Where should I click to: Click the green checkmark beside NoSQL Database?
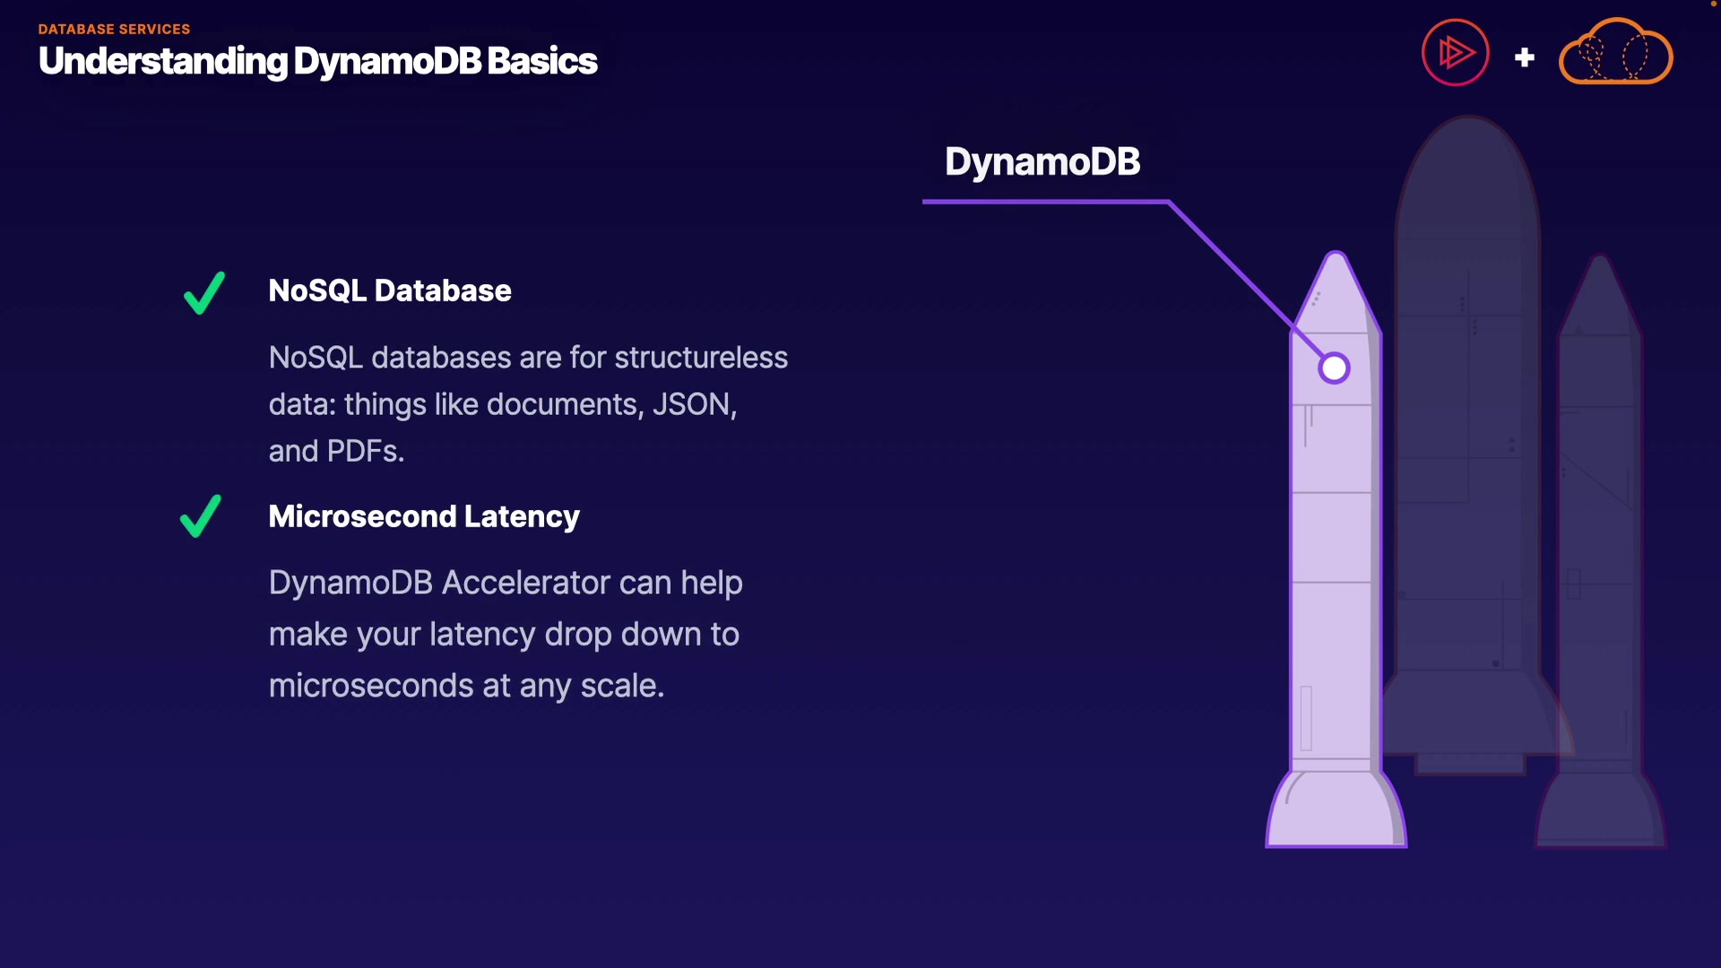click(x=204, y=293)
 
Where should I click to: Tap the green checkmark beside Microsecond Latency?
click(x=201, y=516)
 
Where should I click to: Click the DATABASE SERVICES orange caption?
click(x=114, y=29)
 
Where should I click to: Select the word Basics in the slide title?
click(x=542, y=61)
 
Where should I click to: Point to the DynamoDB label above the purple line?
click(x=1042, y=161)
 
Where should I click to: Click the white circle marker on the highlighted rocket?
click(x=1334, y=367)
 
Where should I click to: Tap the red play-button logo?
click(x=1456, y=52)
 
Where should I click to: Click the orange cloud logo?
click(x=1615, y=52)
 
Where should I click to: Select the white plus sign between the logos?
click(x=1525, y=57)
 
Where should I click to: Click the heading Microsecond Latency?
click(x=424, y=516)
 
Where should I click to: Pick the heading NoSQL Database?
click(x=390, y=290)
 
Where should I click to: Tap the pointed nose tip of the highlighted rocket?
click(x=1336, y=254)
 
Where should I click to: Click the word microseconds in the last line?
click(x=371, y=686)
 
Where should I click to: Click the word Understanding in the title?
click(x=163, y=62)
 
